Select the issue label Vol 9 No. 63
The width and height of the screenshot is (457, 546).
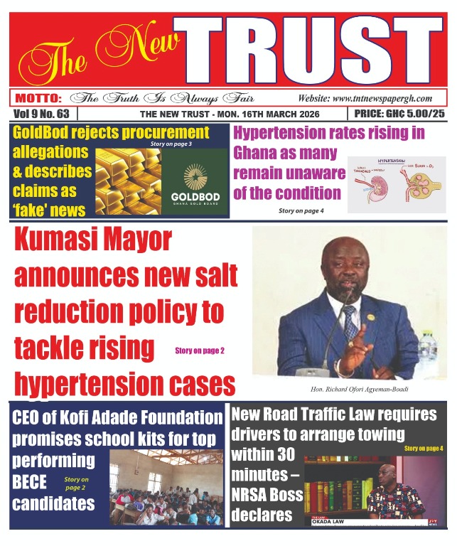click(41, 114)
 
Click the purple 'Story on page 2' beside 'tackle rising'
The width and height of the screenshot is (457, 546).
click(199, 350)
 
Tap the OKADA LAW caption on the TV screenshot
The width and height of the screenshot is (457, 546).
click(333, 522)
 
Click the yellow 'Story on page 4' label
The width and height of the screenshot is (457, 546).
click(424, 449)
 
